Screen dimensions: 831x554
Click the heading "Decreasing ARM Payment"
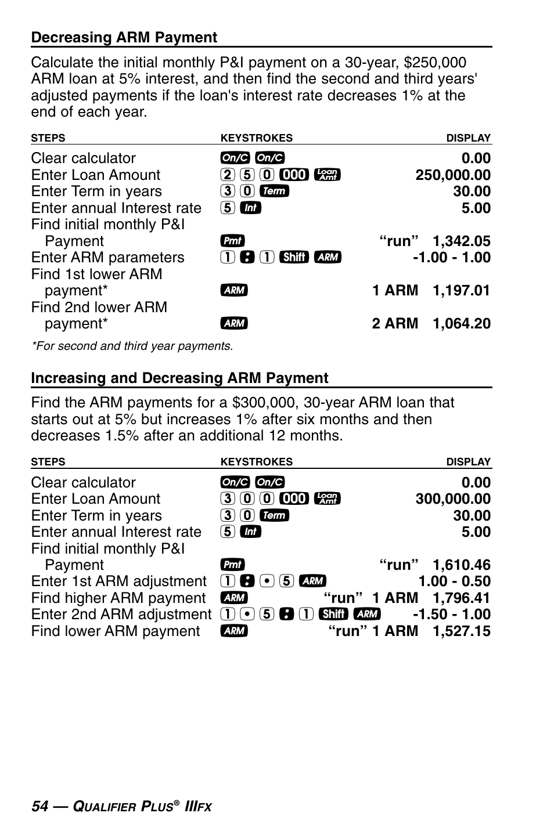pyautogui.click(x=124, y=38)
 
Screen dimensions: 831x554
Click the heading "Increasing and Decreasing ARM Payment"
pyautogui.click(x=179, y=378)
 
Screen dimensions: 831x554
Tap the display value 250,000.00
pyautogui.click(x=452, y=175)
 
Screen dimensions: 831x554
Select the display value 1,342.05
pyautogui.click(x=461, y=241)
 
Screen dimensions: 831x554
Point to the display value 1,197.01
pyautogui.click(x=461, y=290)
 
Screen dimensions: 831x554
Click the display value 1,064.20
pyautogui.click(x=461, y=324)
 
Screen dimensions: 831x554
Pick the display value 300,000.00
pyautogui.click(x=452, y=499)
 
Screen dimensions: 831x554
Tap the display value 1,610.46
pyautogui.click(x=461, y=565)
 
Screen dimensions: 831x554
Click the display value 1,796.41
pyautogui.click(x=461, y=598)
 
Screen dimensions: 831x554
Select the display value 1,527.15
pyautogui.click(x=461, y=631)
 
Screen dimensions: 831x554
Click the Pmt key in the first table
pyautogui.click(x=232, y=241)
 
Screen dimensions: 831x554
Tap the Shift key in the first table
pyautogui.click(x=294, y=257)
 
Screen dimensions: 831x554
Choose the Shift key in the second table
pyautogui.click(x=333, y=614)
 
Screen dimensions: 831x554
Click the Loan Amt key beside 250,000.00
pyautogui.click(x=327, y=175)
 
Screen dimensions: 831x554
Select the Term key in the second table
pyautogui.click(x=274, y=515)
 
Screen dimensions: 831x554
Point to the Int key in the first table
pyautogui.click(x=250, y=208)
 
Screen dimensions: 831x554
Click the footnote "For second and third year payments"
pyautogui.click(x=132, y=346)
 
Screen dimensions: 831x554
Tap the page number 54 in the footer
pyautogui.click(x=39, y=807)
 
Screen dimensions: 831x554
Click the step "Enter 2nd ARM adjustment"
pyautogui.click(x=121, y=615)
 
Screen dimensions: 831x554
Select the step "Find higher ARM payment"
pyautogui.click(x=118, y=598)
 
